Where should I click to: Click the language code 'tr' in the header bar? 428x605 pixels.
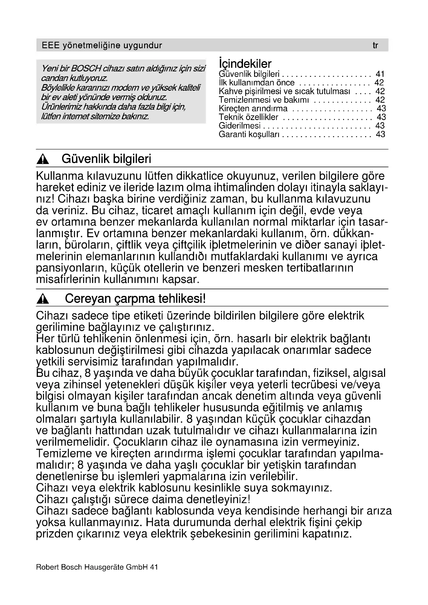(x=375, y=46)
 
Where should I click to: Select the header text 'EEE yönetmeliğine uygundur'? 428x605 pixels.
(x=102, y=46)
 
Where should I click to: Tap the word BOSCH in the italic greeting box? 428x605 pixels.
(x=86, y=69)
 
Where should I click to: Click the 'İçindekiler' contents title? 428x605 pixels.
(x=245, y=64)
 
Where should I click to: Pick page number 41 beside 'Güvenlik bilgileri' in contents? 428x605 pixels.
(x=380, y=74)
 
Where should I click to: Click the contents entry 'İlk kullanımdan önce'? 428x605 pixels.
(x=256, y=83)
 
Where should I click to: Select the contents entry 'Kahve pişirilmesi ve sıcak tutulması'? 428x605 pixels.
(x=284, y=91)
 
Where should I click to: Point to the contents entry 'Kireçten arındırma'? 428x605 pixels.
(x=253, y=108)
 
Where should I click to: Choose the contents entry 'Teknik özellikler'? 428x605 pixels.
(x=248, y=117)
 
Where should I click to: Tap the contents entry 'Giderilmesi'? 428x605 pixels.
(x=239, y=126)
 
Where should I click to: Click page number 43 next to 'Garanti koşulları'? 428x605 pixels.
(x=380, y=134)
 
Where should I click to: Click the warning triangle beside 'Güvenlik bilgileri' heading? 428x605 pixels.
(x=43, y=159)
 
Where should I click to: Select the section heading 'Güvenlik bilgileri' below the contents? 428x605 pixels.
(x=106, y=159)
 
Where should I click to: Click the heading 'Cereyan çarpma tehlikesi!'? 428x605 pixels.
(x=135, y=298)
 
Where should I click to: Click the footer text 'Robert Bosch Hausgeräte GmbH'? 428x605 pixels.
(x=92, y=567)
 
